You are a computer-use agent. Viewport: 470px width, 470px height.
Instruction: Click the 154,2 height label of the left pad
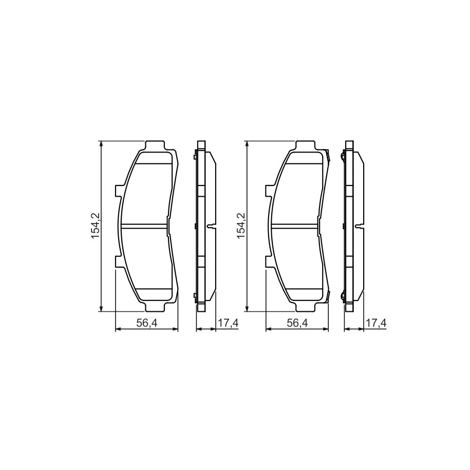pos(96,226)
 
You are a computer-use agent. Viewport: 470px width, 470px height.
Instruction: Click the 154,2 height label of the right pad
pos(241,226)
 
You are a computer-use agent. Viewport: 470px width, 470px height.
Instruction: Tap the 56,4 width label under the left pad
pos(147,323)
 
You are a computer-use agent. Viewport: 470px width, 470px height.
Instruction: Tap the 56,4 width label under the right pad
pos(297,323)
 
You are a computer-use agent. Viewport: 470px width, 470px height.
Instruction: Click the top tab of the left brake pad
pos(155,146)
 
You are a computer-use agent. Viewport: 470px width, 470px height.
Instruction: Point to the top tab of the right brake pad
pos(306,146)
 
